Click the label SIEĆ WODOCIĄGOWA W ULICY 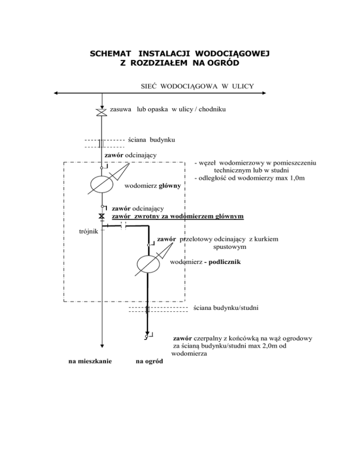click(197, 85)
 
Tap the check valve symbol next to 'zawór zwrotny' click(102, 217)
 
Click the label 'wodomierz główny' click(153, 187)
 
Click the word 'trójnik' click(88, 231)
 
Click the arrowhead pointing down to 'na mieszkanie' click(102, 345)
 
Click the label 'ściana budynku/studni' click(225, 308)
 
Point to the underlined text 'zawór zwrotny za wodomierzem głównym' click(178, 217)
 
